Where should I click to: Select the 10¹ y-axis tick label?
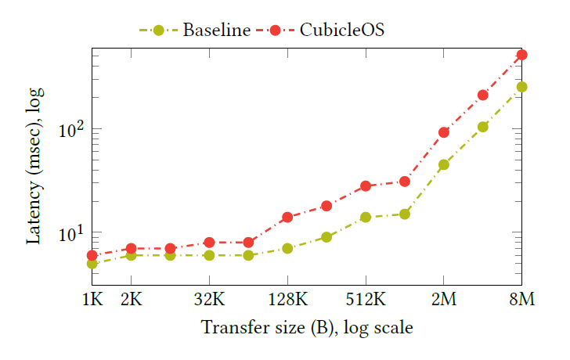point(73,232)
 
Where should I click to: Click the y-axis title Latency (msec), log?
point(35,167)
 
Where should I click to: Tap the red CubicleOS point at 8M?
point(521,55)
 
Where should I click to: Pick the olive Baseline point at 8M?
point(521,87)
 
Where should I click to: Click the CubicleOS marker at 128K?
point(287,217)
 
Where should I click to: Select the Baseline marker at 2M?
point(444,164)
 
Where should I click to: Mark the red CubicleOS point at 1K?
point(92,255)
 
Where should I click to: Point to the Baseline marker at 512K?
point(366,217)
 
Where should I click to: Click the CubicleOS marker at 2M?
point(444,132)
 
